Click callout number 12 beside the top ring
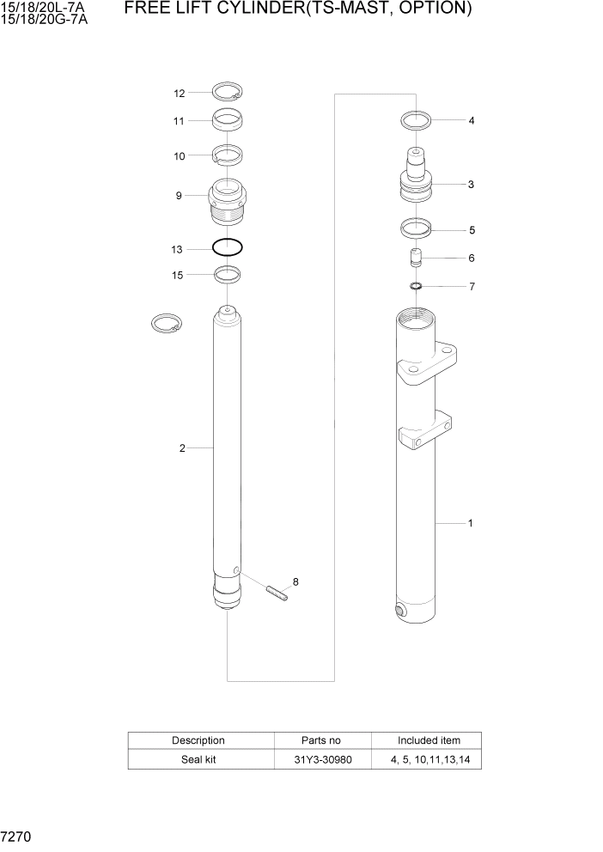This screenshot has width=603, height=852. click(180, 93)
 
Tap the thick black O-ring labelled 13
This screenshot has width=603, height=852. click(228, 248)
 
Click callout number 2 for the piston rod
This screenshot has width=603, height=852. click(182, 447)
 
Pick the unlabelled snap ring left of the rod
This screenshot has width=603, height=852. click(166, 324)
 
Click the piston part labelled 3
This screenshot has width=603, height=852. click(416, 180)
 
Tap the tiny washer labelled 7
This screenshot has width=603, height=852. click(416, 286)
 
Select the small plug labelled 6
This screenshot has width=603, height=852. click(416, 258)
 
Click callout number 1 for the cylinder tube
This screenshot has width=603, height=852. click(470, 522)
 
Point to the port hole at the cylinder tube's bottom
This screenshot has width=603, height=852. click(400, 611)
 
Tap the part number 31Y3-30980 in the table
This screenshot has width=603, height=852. click(322, 759)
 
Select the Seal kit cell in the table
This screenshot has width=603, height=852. click(198, 759)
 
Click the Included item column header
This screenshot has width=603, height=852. click(428, 740)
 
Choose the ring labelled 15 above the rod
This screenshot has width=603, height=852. click(228, 274)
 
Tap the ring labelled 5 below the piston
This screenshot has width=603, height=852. click(417, 229)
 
